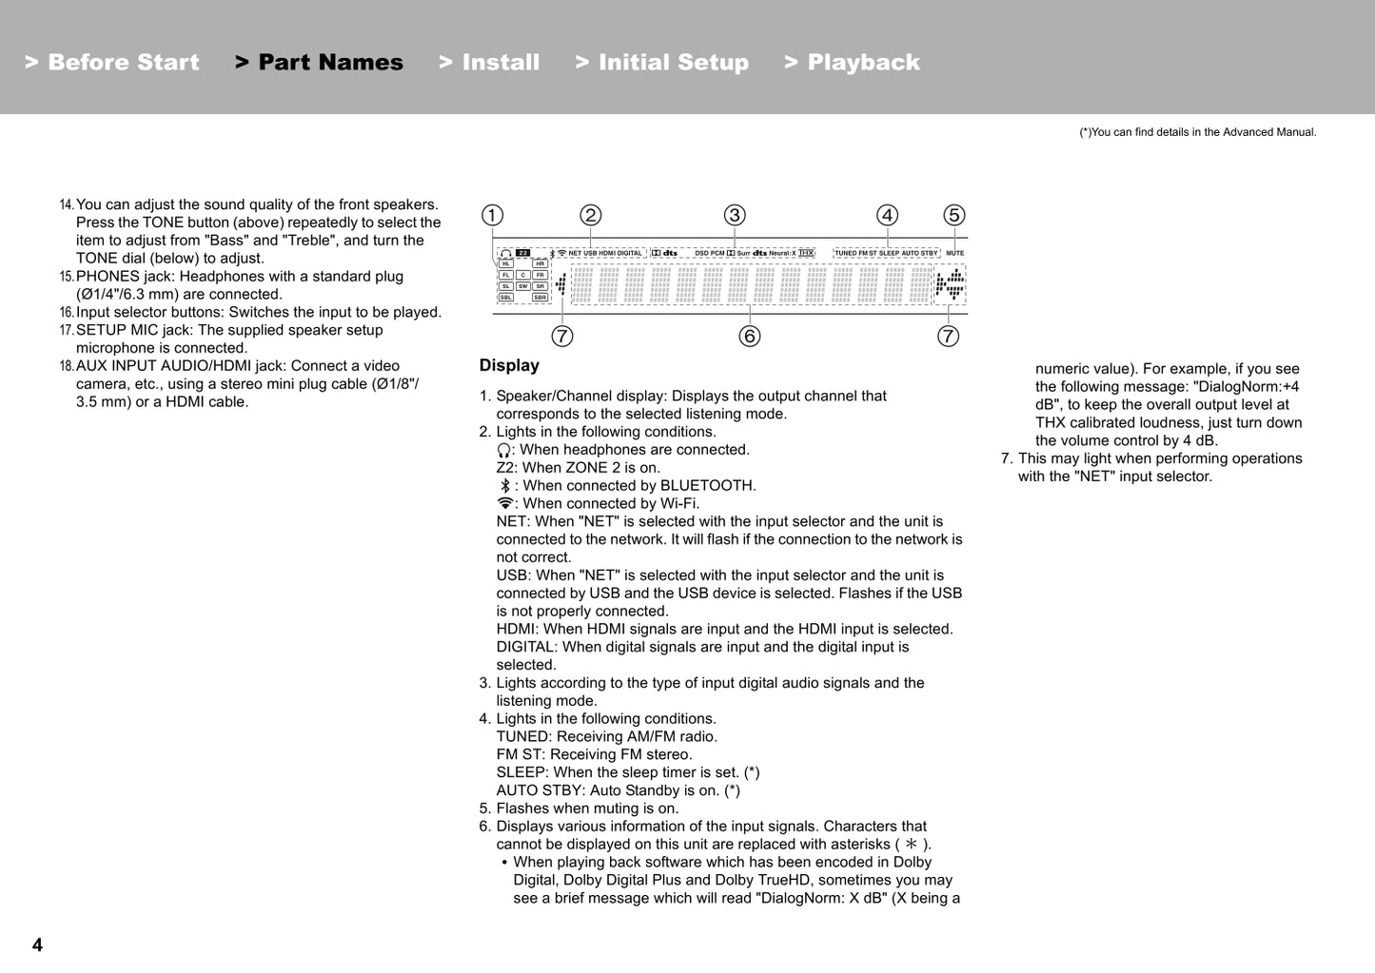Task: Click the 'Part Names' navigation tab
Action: pos(320,63)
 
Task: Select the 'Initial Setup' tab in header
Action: pos(662,63)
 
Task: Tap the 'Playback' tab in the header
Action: pos(853,63)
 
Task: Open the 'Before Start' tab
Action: pos(112,63)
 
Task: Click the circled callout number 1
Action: pos(492,216)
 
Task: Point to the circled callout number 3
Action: pos(735,216)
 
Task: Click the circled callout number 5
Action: pos(953,216)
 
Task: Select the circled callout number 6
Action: pos(750,337)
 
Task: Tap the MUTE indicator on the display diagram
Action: pos(954,254)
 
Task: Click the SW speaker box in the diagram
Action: pos(522,286)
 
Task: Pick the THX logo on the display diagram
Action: pos(807,254)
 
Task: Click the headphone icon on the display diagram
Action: pos(506,254)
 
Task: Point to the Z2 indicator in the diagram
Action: pos(523,254)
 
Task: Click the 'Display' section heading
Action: pos(509,366)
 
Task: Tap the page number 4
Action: pos(37,944)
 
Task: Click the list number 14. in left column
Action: pos(67,205)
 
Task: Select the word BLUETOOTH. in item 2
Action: pos(707,486)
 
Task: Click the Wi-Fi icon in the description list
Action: pos(505,504)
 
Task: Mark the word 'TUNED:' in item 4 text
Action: pos(523,737)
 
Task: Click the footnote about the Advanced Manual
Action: pos(1197,132)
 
